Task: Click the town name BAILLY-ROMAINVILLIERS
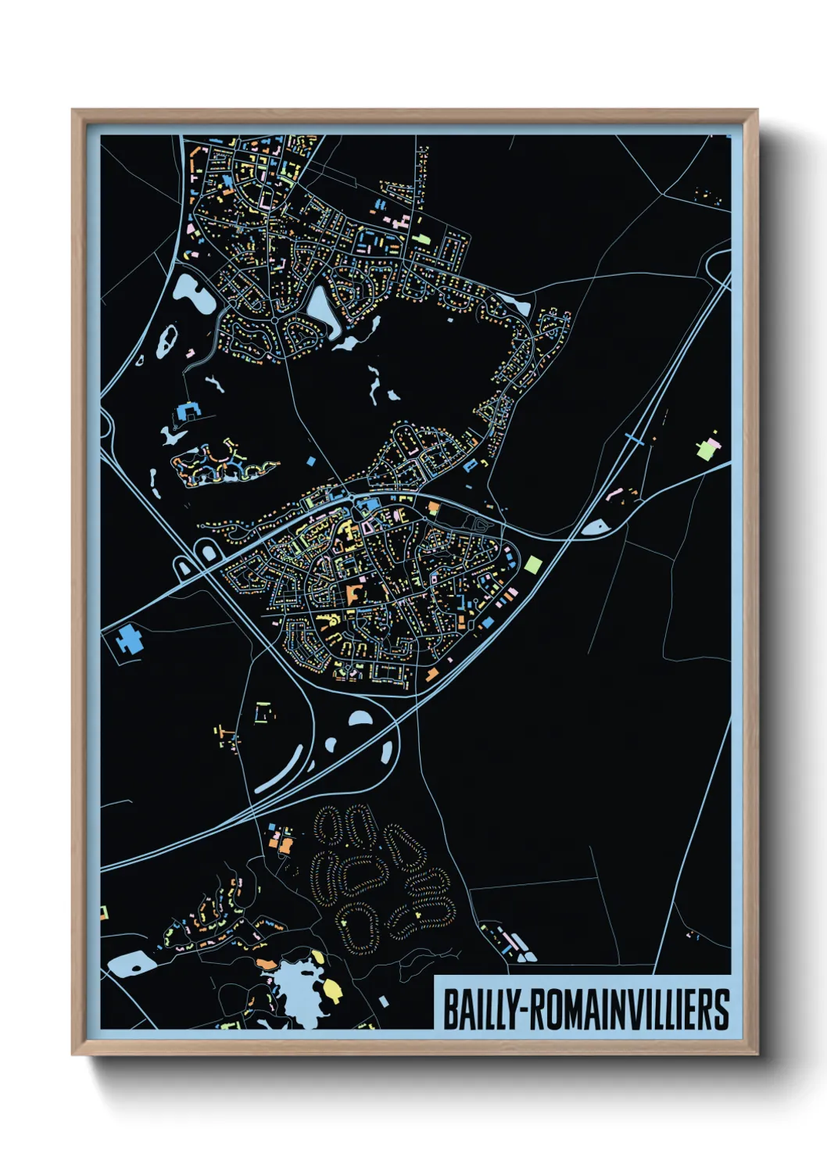(x=585, y=1009)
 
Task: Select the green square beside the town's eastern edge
(x=532, y=564)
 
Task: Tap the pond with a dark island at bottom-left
(x=131, y=965)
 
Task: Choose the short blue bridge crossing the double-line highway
(x=635, y=440)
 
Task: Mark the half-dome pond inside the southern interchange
(x=360, y=718)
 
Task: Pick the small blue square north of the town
(x=311, y=461)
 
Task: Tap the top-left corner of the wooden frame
(x=73, y=111)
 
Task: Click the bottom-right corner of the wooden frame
(x=757, y=1054)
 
